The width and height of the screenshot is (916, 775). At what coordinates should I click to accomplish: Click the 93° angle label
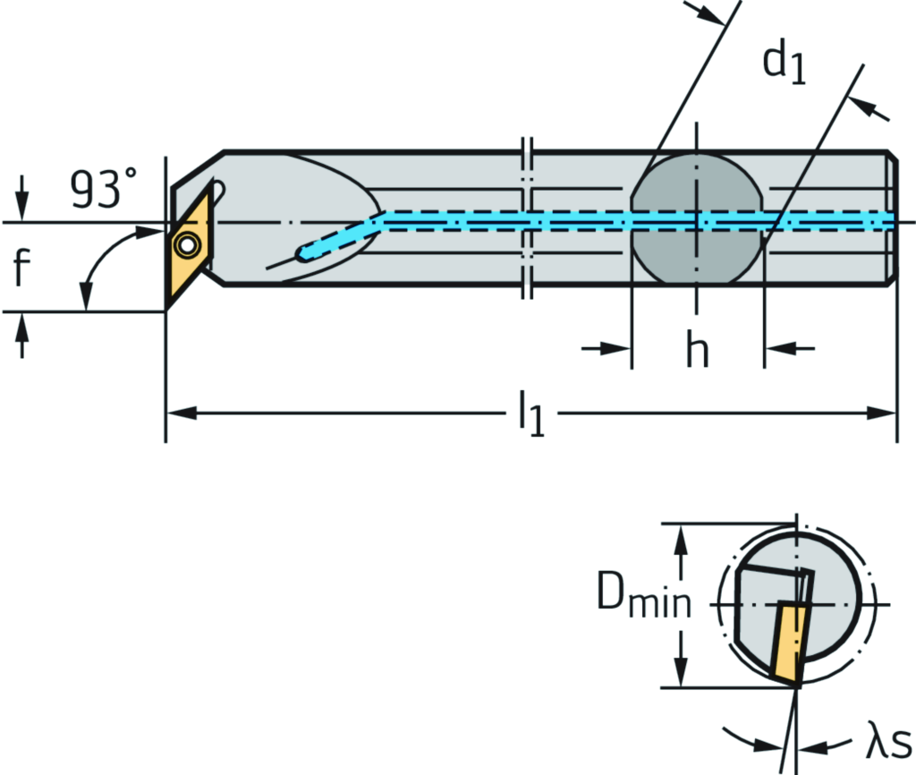tap(105, 189)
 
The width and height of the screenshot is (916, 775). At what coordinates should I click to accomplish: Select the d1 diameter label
tap(785, 65)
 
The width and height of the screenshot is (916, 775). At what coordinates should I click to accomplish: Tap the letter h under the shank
tap(697, 350)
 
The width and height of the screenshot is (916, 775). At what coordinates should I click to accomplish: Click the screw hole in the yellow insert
tap(187, 244)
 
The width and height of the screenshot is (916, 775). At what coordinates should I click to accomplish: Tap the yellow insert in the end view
tap(786, 641)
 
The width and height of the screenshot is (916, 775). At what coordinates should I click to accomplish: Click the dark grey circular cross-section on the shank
tap(697, 219)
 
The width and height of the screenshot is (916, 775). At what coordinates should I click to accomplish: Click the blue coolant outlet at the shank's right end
tap(886, 220)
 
